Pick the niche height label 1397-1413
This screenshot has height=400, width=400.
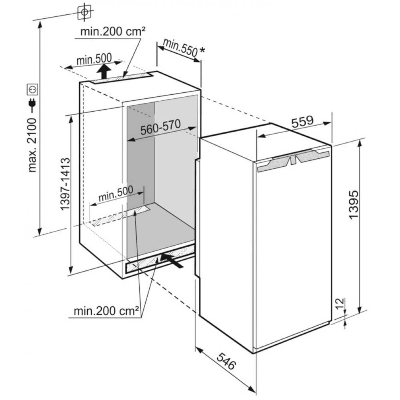pos(66,184)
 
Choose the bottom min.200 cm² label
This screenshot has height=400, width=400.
pos(106,310)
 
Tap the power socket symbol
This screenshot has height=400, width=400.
pos(32,89)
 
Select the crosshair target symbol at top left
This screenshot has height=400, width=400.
pos(84,12)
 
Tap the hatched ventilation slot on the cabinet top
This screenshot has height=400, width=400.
pos(120,78)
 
